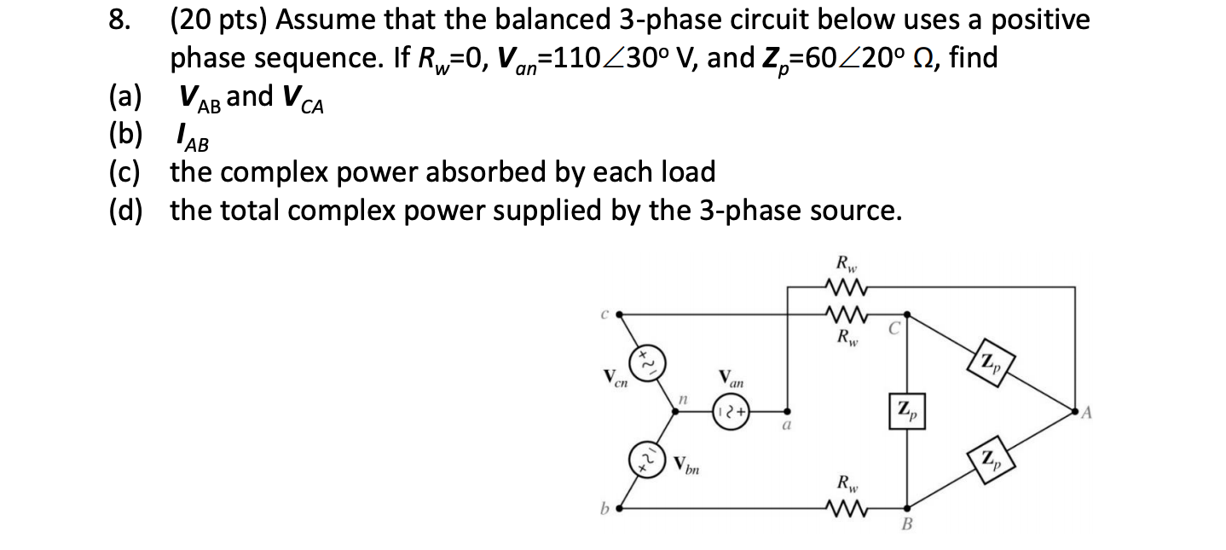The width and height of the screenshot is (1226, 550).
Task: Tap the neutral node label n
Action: point(682,397)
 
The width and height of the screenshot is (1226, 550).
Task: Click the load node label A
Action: point(1084,415)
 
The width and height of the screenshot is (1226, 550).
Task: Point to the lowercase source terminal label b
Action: point(606,510)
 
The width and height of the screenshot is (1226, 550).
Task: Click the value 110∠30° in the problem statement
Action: point(619,58)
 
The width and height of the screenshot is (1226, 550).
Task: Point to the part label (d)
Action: point(126,210)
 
